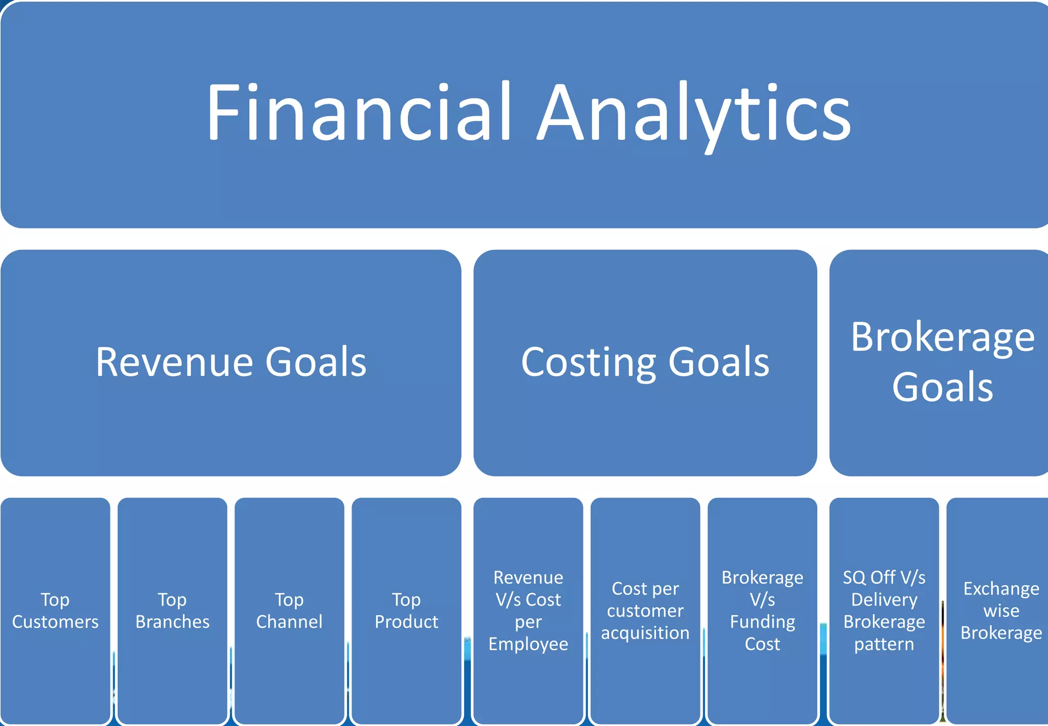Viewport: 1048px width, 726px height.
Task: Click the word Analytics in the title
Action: pyautogui.click(x=694, y=114)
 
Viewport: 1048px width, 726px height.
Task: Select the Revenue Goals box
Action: pyautogui.click(x=231, y=362)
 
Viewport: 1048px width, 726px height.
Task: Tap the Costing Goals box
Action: pyautogui.click(x=645, y=362)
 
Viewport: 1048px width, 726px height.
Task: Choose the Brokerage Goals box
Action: pyautogui.click(x=942, y=362)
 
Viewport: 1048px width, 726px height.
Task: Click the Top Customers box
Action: pyautogui.click(x=55, y=610)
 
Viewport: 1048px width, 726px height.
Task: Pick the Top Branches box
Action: pyautogui.click(x=172, y=610)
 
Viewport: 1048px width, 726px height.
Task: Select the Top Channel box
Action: pyautogui.click(x=289, y=610)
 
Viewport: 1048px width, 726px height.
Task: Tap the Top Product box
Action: pyautogui.click(x=406, y=610)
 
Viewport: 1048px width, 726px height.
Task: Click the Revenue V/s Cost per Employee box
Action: pyautogui.click(x=528, y=610)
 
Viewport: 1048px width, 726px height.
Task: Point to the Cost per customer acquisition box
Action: pyautogui.click(x=645, y=610)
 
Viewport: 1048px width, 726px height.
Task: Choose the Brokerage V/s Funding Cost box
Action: pyautogui.click(x=762, y=610)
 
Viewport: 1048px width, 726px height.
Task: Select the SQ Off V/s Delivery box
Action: pyautogui.click(x=884, y=610)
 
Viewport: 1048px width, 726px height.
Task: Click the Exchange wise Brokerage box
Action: pyautogui.click(x=1001, y=610)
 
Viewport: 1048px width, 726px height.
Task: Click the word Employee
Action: pyautogui.click(x=528, y=644)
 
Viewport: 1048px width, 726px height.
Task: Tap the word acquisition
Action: pyautogui.click(x=645, y=633)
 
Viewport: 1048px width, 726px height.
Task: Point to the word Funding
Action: pyautogui.click(x=762, y=622)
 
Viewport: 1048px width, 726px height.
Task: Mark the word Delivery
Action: pyautogui.click(x=884, y=600)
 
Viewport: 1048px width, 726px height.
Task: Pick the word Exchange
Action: pyautogui.click(x=1001, y=589)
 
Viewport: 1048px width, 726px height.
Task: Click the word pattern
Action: pyautogui.click(x=884, y=644)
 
